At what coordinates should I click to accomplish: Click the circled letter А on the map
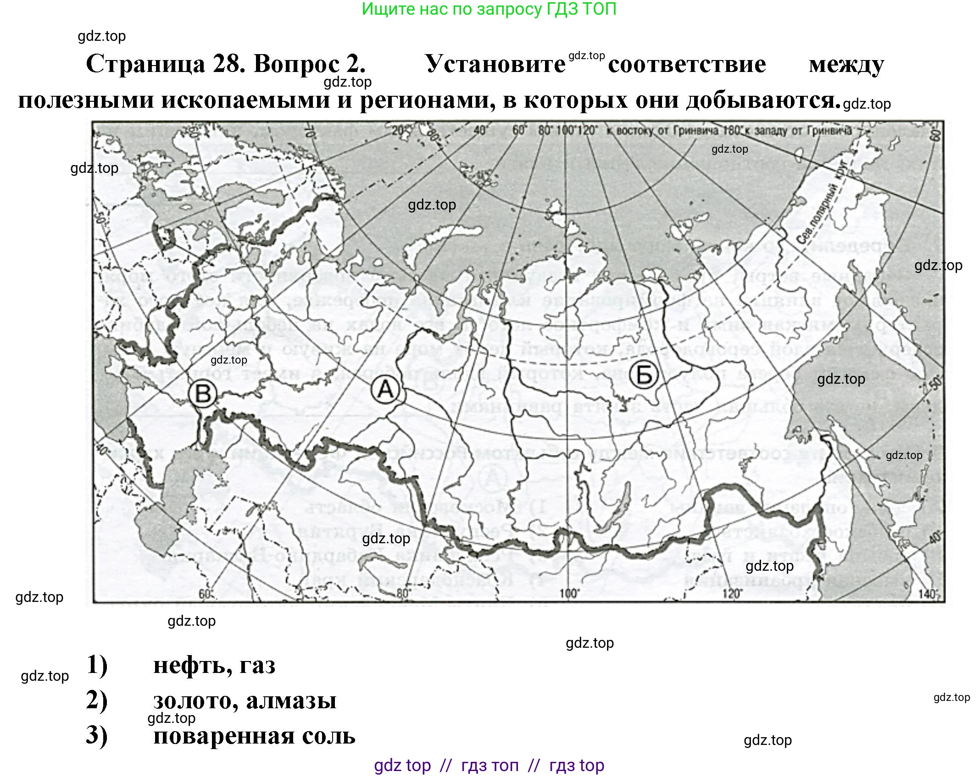385,390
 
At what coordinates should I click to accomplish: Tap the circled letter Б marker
644,375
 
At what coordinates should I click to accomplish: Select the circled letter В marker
203,394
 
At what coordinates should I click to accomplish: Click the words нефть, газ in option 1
214,665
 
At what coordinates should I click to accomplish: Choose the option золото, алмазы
245,700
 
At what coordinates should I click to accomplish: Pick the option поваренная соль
254,735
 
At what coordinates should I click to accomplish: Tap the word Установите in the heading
495,64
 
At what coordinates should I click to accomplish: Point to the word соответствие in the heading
687,64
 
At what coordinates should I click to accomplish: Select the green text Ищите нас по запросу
452,9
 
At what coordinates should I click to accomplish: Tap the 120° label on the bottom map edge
732,594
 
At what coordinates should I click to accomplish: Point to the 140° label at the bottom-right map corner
927,594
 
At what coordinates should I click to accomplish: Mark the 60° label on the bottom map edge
205,594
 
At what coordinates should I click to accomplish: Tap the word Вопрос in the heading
310,64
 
